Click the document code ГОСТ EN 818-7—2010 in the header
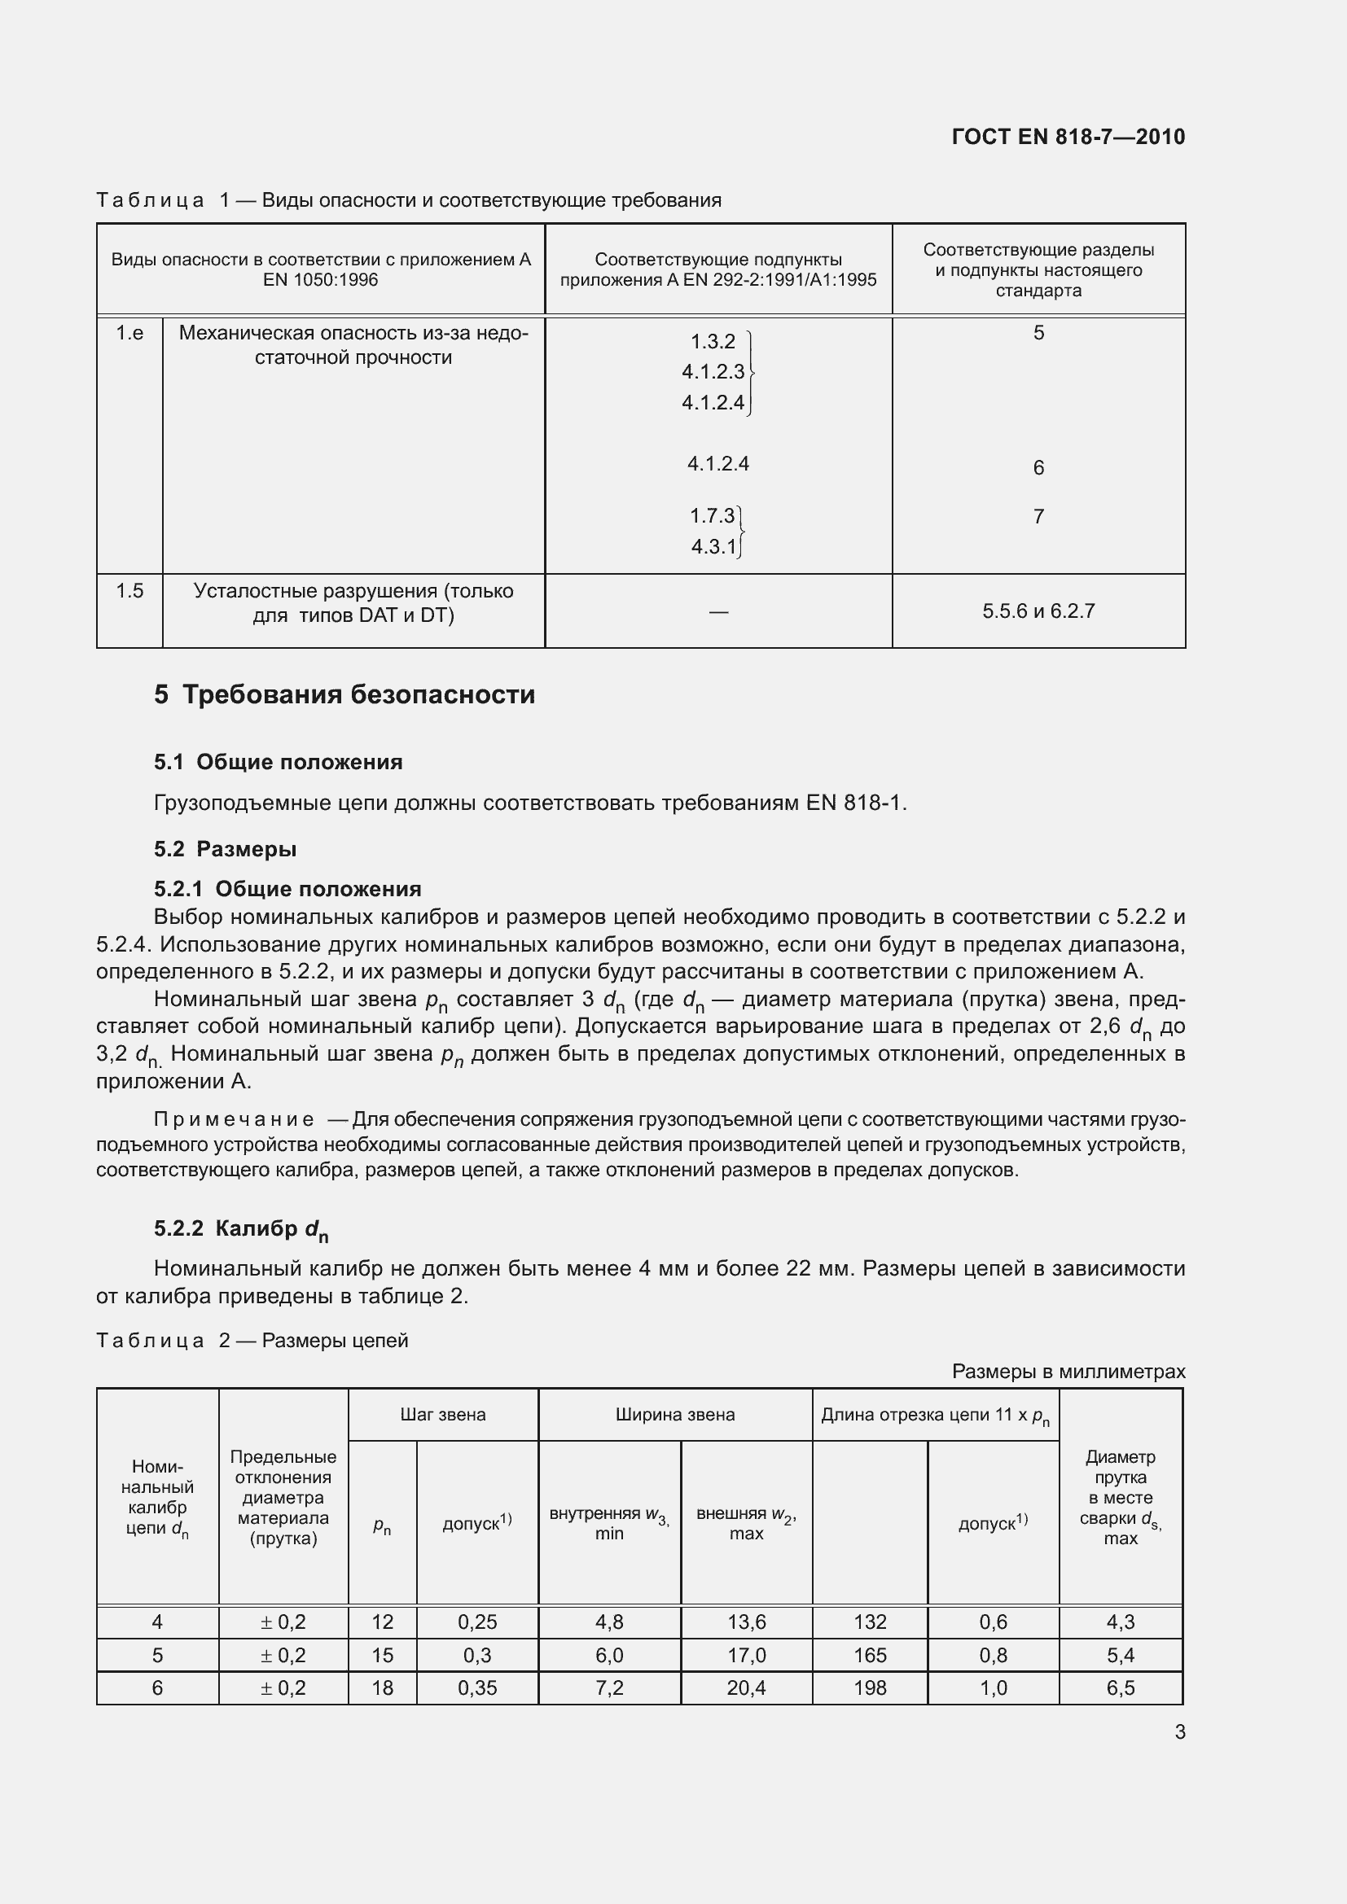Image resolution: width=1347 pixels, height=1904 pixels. pyautogui.click(x=1068, y=137)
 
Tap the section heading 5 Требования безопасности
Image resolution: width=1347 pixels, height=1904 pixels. pyautogui.click(x=344, y=694)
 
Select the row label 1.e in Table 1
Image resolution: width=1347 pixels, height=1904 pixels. pyautogui.click(x=129, y=334)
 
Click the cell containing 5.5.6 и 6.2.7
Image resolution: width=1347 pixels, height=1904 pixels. pyautogui.click(x=1038, y=611)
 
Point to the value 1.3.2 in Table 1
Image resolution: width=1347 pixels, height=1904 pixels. pyautogui.click(x=713, y=342)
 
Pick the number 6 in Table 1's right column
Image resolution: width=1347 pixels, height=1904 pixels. pyautogui.click(x=1038, y=468)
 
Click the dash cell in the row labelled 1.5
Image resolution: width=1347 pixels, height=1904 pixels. pyautogui.click(x=718, y=612)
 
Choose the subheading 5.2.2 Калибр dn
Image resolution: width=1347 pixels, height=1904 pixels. pyautogui.click(x=240, y=1230)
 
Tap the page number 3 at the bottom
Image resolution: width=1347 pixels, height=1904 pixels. pyautogui.click(x=1179, y=1731)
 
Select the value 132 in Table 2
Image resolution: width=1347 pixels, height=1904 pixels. pyautogui.click(x=869, y=1622)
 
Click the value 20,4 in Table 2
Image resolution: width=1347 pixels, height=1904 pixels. pyautogui.click(x=746, y=1687)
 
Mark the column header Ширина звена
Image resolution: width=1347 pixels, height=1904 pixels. pyautogui.click(x=674, y=1415)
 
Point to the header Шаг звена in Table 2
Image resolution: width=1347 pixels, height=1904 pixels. pyautogui.click(x=443, y=1415)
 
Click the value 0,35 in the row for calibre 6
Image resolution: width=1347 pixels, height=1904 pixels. pyautogui.click(x=477, y=1687)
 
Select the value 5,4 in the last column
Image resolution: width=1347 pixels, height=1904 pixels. pyautogui.click(x=1120, y=1655)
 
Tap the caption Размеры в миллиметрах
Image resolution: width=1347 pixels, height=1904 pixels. pyautogui.click(x=1068, y=1372)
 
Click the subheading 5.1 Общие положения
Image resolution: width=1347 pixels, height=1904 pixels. pyautogui.click(x=278, y=762)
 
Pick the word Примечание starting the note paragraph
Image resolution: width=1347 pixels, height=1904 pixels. pyautogui.click(x=234, y=1119)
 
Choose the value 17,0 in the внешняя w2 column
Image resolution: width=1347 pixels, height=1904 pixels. pyautogui.click(x=746, y=1655)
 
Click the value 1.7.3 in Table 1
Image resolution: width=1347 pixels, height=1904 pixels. pyautogui.click(x=712, y=516)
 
